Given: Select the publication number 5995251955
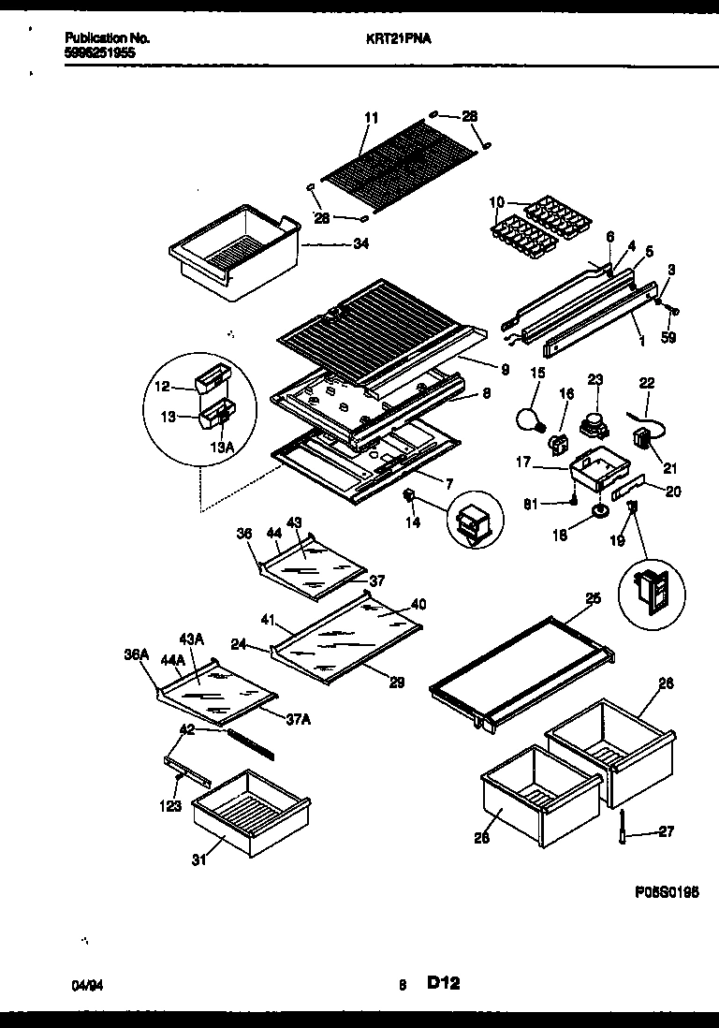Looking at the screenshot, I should [x=101, y=53].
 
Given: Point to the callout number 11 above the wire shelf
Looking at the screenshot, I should [x=372, y=118].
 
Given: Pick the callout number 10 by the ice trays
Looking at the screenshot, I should [x=496, y=202].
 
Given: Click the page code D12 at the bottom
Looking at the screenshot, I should [x=444, y=983].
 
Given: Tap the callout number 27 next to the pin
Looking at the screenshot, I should [x=666, y=830].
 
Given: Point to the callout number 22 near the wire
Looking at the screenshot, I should [x=646, y=383].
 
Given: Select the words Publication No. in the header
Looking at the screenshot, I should [x=107, y=38].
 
